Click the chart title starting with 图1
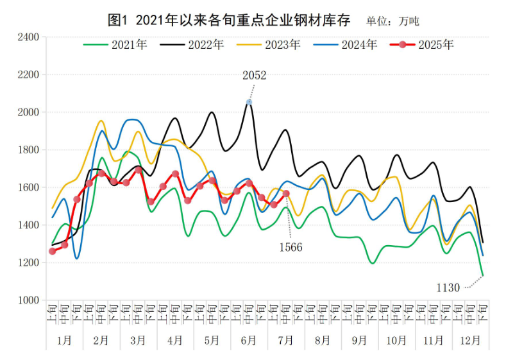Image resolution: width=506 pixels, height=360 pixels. (229, 21)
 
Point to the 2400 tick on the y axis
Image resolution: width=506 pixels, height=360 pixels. (28, 37)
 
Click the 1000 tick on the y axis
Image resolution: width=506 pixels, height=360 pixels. (28, 300)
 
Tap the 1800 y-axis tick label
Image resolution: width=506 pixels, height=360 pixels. (28, 150)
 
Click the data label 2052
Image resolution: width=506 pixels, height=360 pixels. (254, 76)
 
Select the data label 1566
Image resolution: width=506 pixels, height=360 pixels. (290, 247)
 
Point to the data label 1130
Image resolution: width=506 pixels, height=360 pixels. (448, 288)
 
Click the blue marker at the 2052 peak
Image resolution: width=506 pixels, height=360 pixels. (249, 102)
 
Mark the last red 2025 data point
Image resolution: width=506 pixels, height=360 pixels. (286, 193)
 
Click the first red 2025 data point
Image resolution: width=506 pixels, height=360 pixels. (53, 251)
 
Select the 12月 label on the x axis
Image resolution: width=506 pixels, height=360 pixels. (471, 340)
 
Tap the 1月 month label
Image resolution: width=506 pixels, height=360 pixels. (65, 340)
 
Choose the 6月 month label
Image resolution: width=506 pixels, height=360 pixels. (249, 340)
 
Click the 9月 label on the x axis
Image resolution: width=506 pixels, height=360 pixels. (360, 340)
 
